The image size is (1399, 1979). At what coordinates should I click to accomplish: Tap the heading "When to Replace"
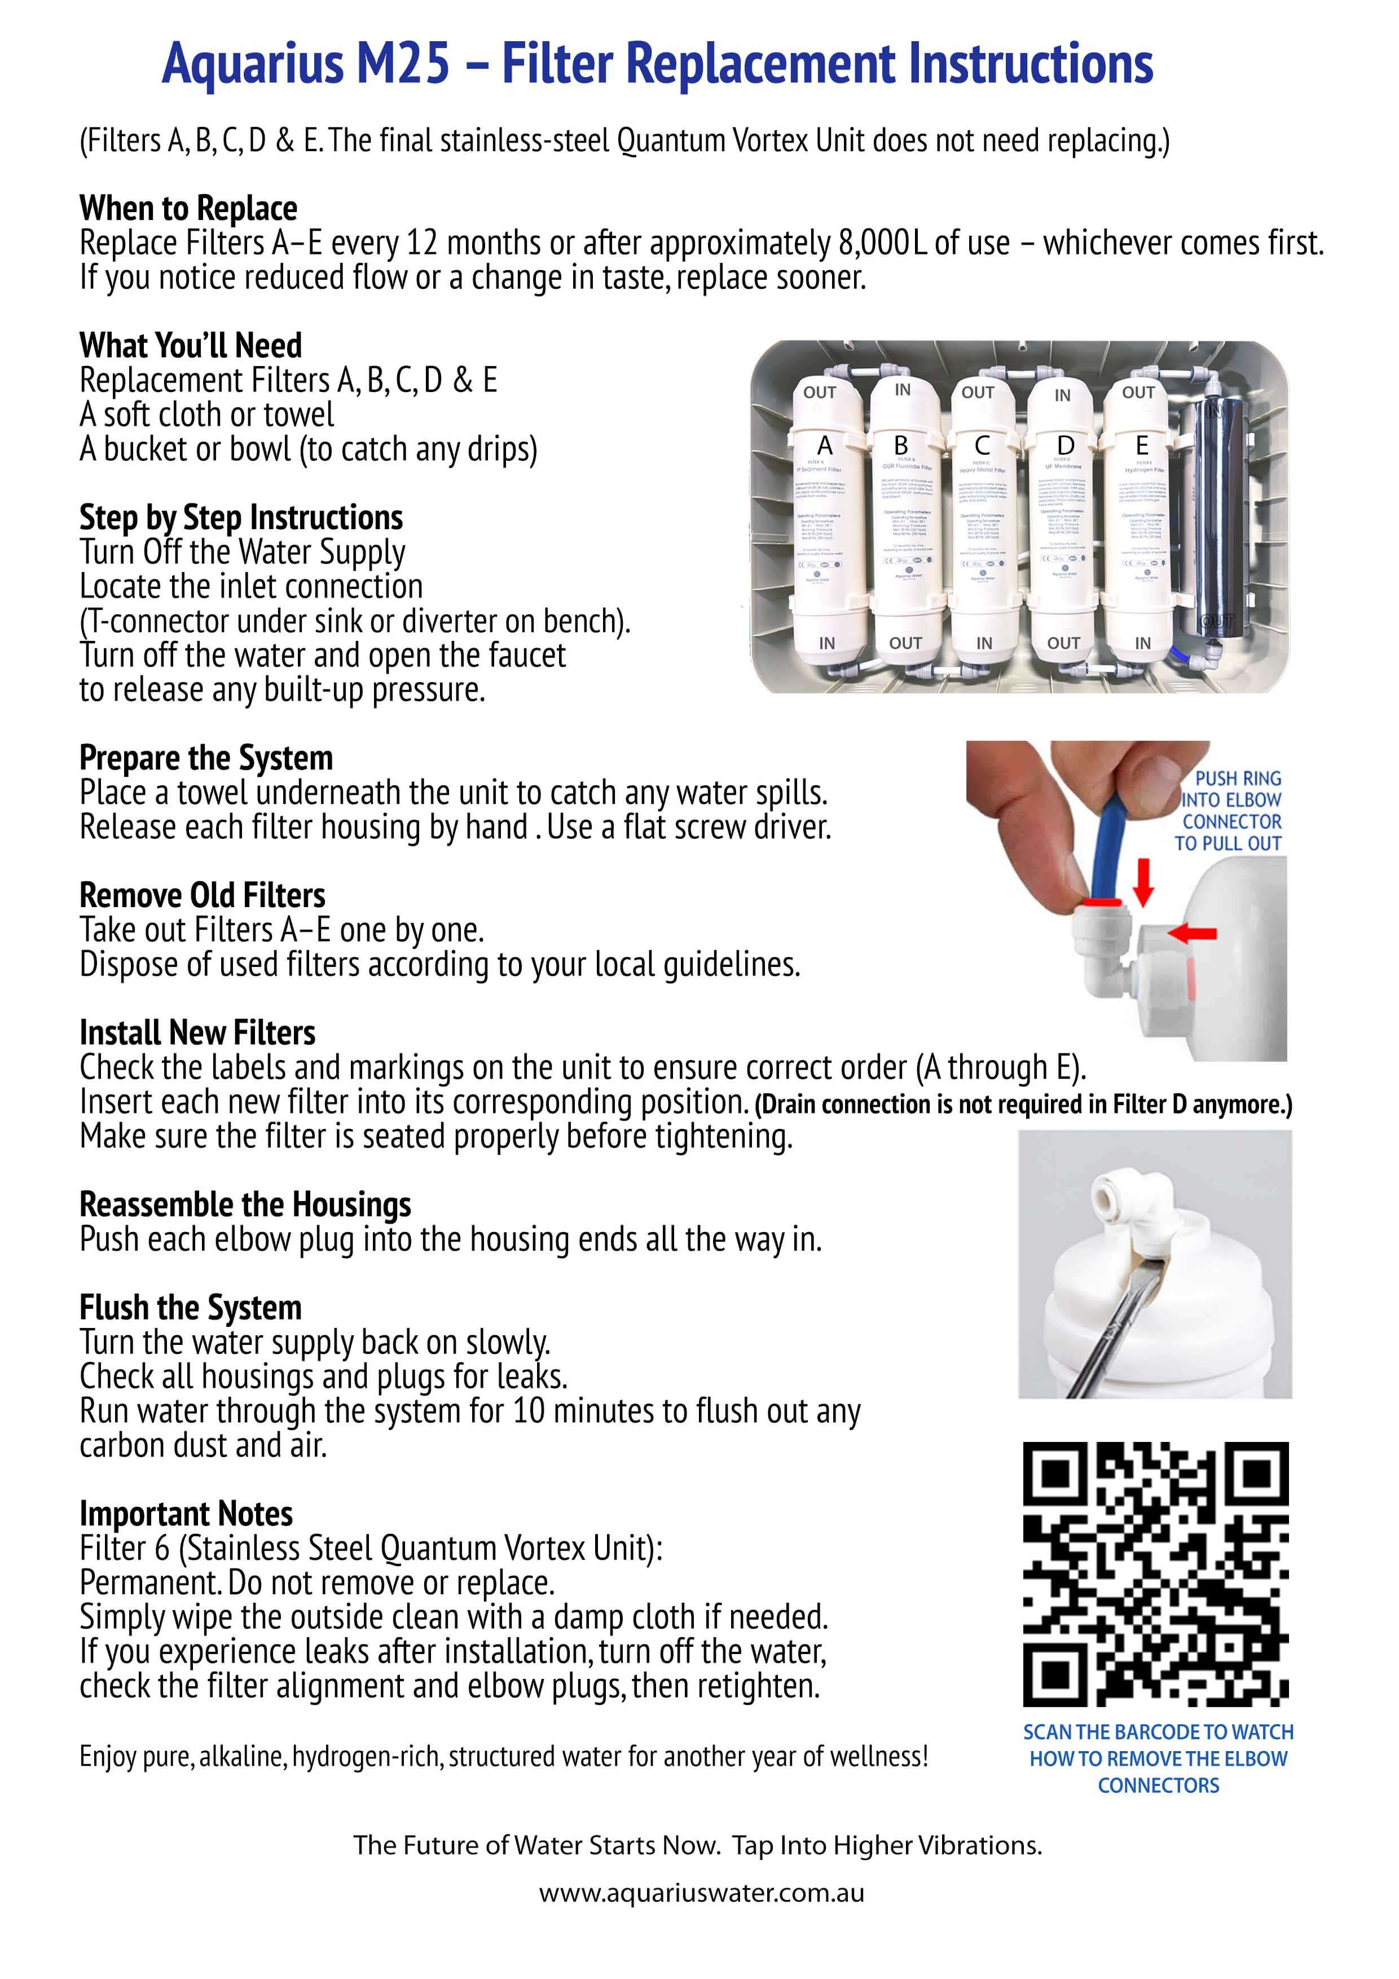pos(188,209)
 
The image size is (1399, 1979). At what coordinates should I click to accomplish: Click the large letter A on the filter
pos(824,446)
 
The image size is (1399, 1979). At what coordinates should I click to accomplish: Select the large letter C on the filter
pos(982,446)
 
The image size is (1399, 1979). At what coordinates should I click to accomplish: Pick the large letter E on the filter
pos(1141,446)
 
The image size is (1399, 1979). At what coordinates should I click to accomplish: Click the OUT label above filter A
pos(820,392)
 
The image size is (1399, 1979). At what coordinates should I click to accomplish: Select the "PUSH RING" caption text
pos(1238,779)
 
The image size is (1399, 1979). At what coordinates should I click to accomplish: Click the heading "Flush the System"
pos(191,1308)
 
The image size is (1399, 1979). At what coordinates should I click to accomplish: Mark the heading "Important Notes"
pos(186,1514)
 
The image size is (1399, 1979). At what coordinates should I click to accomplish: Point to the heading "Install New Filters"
pos(197,1032)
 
